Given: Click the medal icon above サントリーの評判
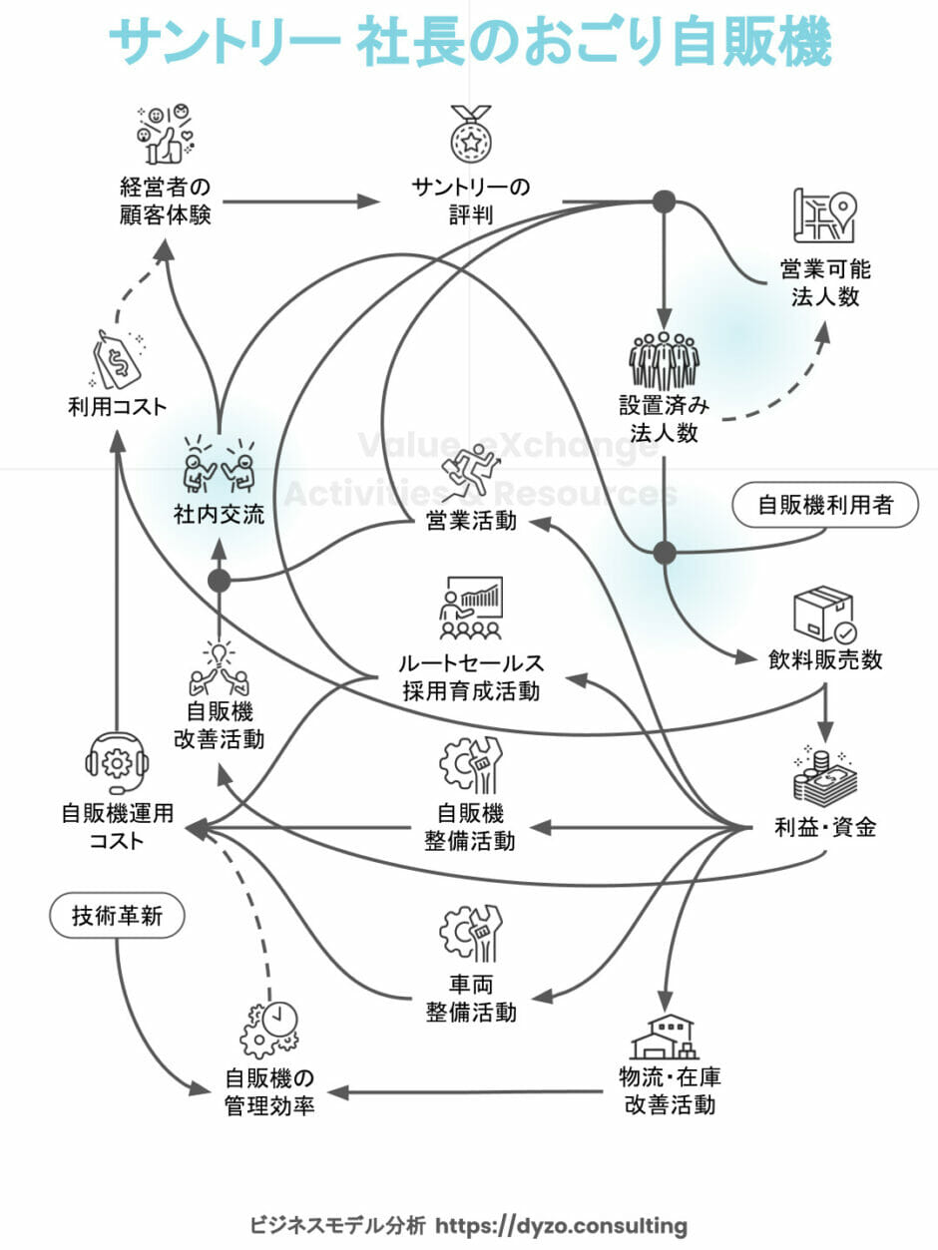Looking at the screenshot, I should (x=470, y=134).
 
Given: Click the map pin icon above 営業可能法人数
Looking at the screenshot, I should (x=825, y=214).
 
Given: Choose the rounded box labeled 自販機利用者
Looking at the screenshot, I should (x=824, y=505).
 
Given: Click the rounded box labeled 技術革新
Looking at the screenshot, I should (x=116, y=916).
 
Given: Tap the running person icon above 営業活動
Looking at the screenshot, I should (x=470, y=478).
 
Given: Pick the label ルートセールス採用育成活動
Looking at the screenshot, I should (x=471, y=676).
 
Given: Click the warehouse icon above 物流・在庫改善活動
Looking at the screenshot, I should (x=663, y=1038).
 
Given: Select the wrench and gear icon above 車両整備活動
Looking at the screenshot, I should (x=471, y=933).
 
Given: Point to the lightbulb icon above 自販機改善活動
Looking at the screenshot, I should (x=219, y=669).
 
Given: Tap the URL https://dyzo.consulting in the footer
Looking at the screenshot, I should (x=562, y=1224).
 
